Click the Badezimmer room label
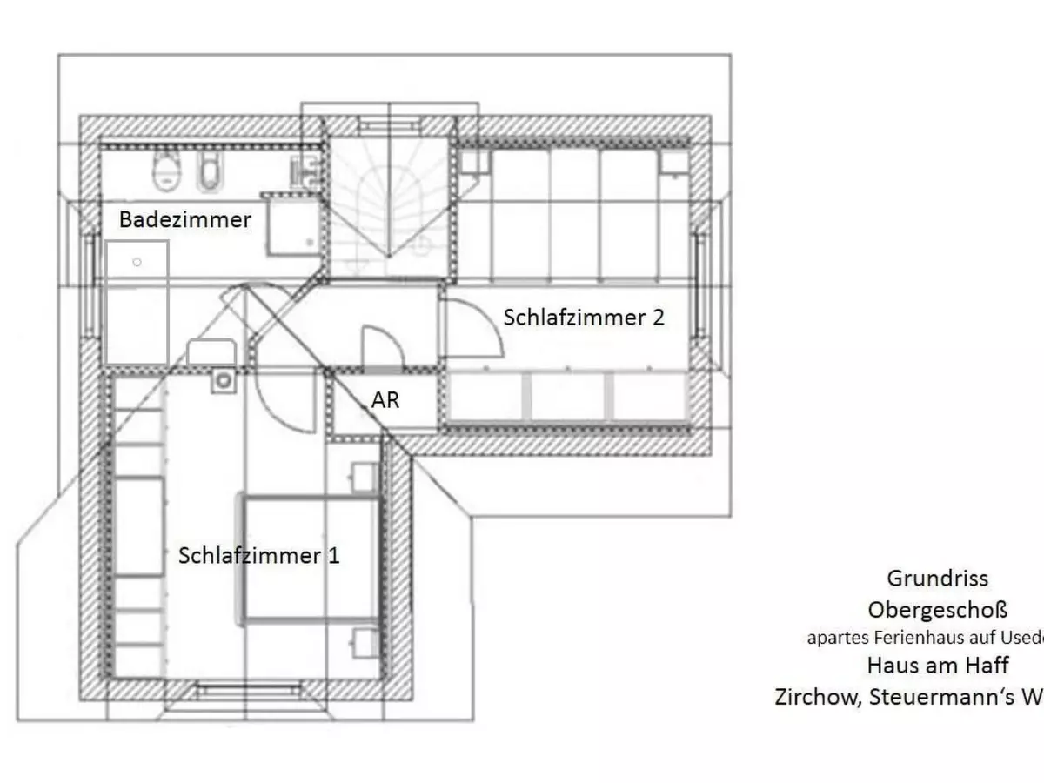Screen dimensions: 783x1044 tap(184, 219)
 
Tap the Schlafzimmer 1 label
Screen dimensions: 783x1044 tap(258, 555)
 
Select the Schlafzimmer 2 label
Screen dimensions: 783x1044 tap(584, 318)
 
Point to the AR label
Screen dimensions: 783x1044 tap(385, 401)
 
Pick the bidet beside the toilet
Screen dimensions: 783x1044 tap(207, 172)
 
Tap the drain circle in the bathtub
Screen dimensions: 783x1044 tap(137, 261)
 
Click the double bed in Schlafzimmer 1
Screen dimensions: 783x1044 tap(311, 559)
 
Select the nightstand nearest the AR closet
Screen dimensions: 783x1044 tap(364, 478)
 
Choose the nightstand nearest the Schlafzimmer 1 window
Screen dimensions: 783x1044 tap(364, 643)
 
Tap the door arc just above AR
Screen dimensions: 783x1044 tap(381, 345)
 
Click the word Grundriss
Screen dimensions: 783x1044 tap(937, 578)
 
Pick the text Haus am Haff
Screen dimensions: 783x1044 tap(937, 666)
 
